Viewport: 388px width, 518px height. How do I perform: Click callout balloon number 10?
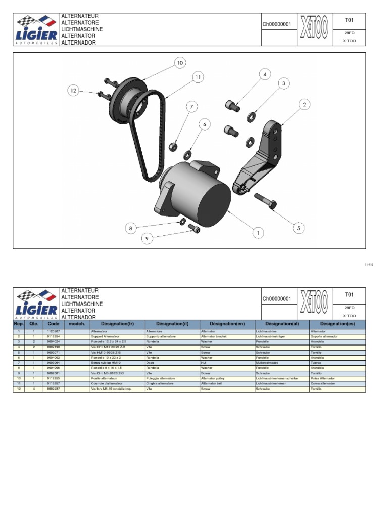point(180,63)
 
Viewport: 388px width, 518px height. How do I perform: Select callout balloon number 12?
point(74,91)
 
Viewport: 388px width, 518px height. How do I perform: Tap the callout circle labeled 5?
point(299,228)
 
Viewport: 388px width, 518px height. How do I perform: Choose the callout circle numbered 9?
point(147,238)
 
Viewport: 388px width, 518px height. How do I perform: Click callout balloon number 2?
point(304,105)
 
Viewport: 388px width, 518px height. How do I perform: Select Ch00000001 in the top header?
point(277,24)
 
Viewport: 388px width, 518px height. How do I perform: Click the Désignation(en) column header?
point(226,323)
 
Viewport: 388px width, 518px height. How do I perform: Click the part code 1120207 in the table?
point(54,331)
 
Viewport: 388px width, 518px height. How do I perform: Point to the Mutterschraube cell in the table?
point(267,363)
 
